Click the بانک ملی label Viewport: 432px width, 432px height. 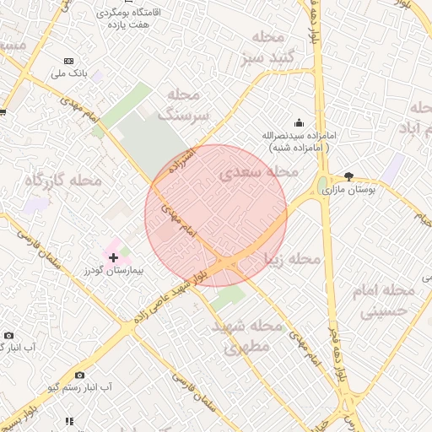coord(70,75)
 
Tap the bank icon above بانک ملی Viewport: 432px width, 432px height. coord(69,62)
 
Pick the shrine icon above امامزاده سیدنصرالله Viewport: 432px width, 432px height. coord(298,122)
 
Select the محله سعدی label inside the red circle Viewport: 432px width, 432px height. coord(259,172)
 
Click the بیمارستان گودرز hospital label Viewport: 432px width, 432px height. coord(114,272)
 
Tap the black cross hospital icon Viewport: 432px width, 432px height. coord(113,256)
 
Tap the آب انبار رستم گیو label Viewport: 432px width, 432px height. coord(80,387)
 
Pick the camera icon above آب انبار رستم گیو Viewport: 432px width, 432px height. coord(79,374)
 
